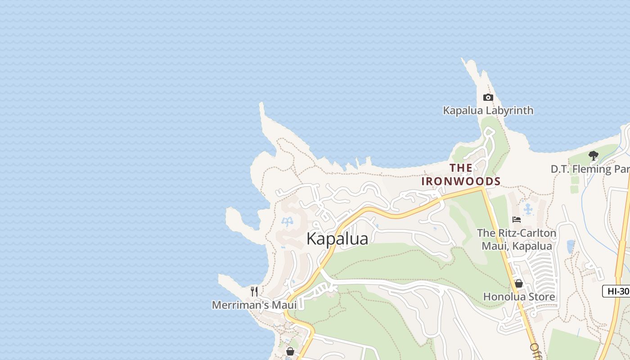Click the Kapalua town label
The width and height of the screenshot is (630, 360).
pyautogui.click(x=337, y=238)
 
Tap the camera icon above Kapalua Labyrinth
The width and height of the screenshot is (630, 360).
pyautogui.click(x=488, y=98)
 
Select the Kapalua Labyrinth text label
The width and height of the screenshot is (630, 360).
pyautogui.click(x=488, y=110)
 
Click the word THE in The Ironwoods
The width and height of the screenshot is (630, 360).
pyautogui.click(x=461, y=168)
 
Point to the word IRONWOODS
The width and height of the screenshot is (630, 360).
pyautogui.click(x=461, y=181)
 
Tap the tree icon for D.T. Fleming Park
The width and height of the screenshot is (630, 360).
pyautogui.click(x=593, y=156)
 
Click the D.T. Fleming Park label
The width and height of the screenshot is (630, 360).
pyautogui.click(x=589, y=169)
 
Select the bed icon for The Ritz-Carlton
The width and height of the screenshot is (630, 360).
pyautogui.click(x=517, y=220)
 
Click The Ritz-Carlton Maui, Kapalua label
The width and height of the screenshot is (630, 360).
pyautogui.click(x=517, y=239)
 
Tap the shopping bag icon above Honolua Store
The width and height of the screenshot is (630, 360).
pyautogui.click(x=519, y=283)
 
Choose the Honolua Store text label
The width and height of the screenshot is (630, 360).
pyautogui.click(x=519, y=297)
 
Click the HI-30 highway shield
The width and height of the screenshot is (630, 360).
pyautogui.click(x=617, y=291)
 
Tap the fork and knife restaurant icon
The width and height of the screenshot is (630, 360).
pyautogui.click(x=254, y=292)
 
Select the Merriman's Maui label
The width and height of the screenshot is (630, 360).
pyautogui.click(x=254, y=305)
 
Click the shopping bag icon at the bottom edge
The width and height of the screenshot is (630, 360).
pyautogui.click(x=290, y=351)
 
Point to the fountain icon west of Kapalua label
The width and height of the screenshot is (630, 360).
pyautogui.click(x=287, y=221)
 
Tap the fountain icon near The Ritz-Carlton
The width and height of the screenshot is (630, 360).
pyautogui.click(x=528, y=209)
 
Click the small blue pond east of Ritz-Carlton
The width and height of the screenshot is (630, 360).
pyautogui.click(x=571, y=246)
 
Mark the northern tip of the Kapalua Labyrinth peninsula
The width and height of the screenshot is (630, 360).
pyautogui.click(x=463, y=59)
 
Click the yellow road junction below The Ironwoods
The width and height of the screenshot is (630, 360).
pyautogui.click(x=483, y=188)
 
